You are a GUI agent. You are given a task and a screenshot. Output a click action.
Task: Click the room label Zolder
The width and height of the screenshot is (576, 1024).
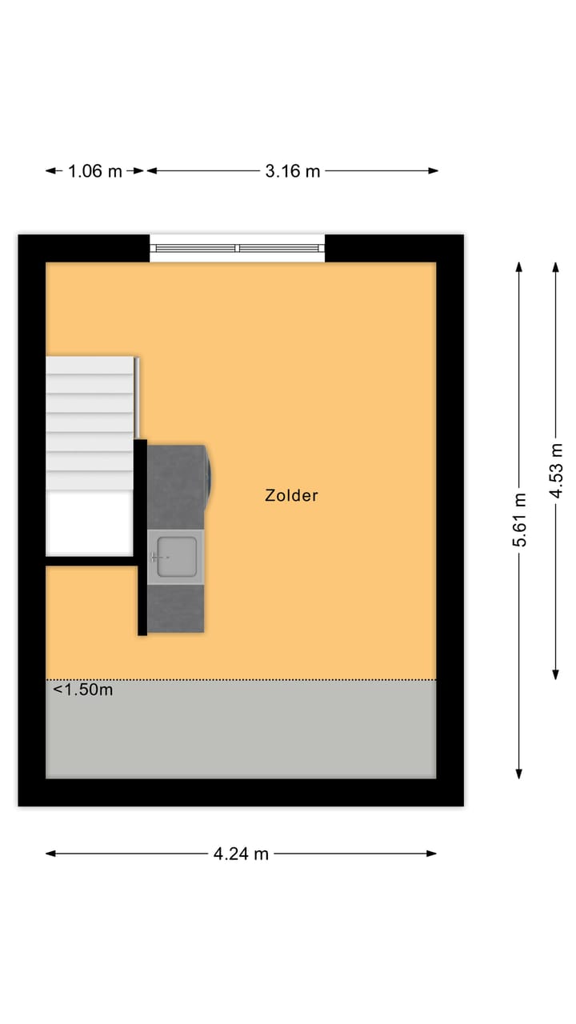pyautogui.click(x=291, y=495)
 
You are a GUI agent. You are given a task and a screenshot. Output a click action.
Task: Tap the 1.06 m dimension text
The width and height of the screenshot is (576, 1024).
pyautogui.click(x=95, y=170)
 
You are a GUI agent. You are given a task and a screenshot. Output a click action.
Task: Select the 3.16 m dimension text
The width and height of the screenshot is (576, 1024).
pyautogui.click(x=293, y=170)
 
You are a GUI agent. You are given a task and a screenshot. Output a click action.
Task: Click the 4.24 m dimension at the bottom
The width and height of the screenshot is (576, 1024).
pyautogui.click(x=241, y=854)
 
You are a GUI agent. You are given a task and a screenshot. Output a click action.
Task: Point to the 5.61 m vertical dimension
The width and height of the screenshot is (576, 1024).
pyautogui.click(x=520, y=520)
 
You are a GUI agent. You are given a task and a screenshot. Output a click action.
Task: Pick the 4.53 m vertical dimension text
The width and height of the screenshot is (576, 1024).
pyautogui.click(x=556, y=470)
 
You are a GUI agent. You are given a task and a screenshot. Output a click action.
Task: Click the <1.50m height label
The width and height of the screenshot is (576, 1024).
pyautogui.click(x=83, y=690)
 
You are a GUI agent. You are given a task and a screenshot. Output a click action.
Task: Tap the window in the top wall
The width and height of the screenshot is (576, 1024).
pyautogui.click(x=238, y=248)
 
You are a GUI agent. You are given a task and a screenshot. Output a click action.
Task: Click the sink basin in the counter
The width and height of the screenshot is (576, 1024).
pyautogui.click(x=176, y=555)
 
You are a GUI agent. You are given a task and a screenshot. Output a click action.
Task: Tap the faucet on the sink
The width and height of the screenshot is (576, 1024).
pyautogui.click(x=155, y=555)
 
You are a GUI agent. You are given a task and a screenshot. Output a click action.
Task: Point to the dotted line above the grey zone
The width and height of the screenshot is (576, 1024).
pyautogui.click(x=240, y=680)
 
